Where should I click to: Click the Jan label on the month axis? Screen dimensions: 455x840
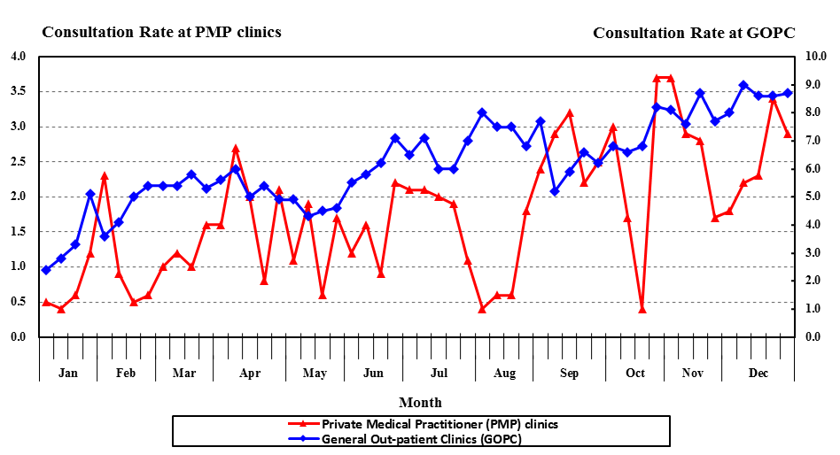click(67, 373)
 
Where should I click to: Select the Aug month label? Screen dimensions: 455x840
click(504, 373)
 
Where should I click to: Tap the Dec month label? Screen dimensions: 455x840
click(758, 373)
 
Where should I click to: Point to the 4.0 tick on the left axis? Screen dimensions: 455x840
click(18, 57)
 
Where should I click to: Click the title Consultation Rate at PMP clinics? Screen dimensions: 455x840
click(161, 32)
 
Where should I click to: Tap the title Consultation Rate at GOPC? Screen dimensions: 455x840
click(694, 33)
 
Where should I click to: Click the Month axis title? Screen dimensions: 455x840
click(420, 403)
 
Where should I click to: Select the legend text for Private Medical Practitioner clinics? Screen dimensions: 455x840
click(439, 424)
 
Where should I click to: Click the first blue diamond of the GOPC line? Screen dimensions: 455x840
click(46, 270)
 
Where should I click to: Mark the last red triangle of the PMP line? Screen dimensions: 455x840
click(788, 134)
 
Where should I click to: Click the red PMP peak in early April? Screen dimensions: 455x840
click(236, 148)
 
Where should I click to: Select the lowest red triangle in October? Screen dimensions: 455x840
click(642, 309)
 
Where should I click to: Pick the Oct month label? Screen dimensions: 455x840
click(635, 373)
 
